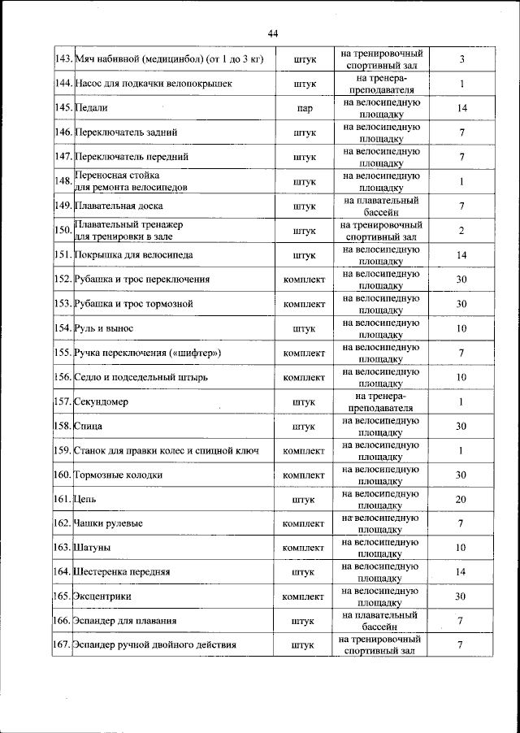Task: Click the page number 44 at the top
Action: tap(272, 33)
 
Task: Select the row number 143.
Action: tap(63, 59)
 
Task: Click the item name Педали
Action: tap(91, 107)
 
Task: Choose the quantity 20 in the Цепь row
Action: tap(460, 499)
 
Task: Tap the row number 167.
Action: tap(63, 645)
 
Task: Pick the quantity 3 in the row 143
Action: tap(461, 59)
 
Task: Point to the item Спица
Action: tap(88, 425)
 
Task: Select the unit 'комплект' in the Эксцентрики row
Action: tap(304, 596)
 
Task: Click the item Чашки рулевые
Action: tap(107, 523)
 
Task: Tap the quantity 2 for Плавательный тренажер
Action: tap(461, 231)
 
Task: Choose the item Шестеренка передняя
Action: tap(122, 572)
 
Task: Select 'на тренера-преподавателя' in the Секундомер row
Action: tap(380, 401)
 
